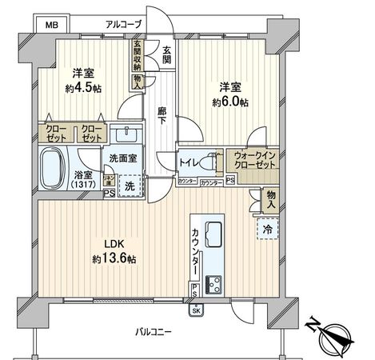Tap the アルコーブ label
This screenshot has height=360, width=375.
(125, 25)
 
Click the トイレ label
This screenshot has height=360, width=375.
(190, 159)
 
